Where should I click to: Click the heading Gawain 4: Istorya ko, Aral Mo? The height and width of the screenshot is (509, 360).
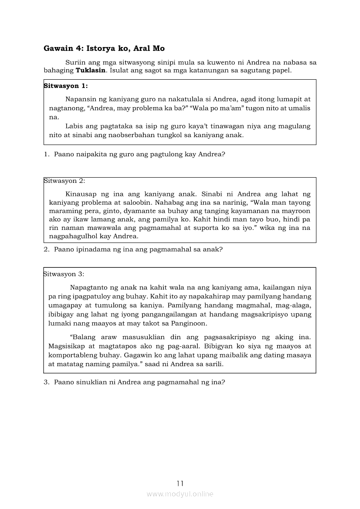[104, 48]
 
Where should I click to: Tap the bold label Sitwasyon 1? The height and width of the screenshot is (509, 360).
[66, 86]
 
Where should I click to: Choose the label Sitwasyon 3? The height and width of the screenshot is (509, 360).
[64, 274]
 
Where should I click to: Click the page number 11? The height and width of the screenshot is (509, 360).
[180, 483]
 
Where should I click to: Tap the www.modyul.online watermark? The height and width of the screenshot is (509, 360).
[180, 494]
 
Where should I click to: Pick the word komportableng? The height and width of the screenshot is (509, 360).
[71, 355]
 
